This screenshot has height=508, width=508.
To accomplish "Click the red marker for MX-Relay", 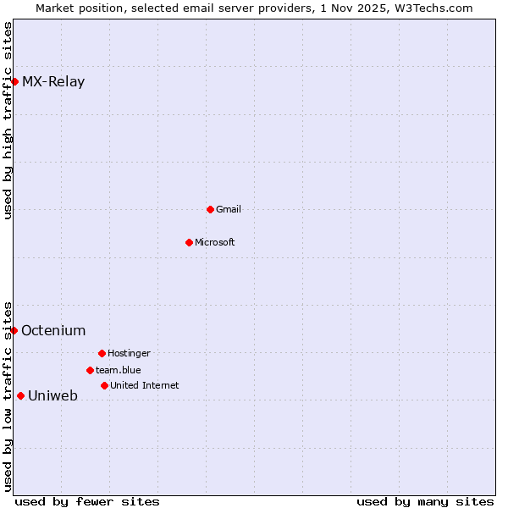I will coord(14,81).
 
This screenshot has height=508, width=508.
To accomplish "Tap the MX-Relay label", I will coord(53,82).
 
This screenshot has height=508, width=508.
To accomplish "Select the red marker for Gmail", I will coord(210,209).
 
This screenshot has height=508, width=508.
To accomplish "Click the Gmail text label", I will coord(229,209).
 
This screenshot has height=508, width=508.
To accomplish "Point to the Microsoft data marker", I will coord(189,242).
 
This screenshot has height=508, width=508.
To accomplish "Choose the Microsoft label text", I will coord(215,242).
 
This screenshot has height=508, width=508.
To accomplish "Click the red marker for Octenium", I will coord(14,330).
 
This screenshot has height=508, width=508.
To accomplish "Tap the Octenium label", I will coord(53,331).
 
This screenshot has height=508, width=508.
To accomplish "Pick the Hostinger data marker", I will coord(102,353).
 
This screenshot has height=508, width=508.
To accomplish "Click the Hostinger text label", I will coord(129,353).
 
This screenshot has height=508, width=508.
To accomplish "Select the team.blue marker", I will coord(90,370).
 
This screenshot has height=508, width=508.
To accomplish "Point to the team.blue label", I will coord(119,370).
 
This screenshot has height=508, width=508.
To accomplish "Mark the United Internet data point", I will coord(104,385).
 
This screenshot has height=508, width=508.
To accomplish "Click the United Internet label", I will coord(145,385).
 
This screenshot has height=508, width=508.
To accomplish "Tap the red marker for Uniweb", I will coord(20,395).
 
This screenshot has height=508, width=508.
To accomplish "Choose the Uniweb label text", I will coord(52,396).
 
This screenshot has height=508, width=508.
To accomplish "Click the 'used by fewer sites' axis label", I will coord(87,501).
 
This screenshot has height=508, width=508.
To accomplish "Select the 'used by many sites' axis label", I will coord(425,501).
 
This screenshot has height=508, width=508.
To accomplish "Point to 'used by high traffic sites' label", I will coord(8,120).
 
